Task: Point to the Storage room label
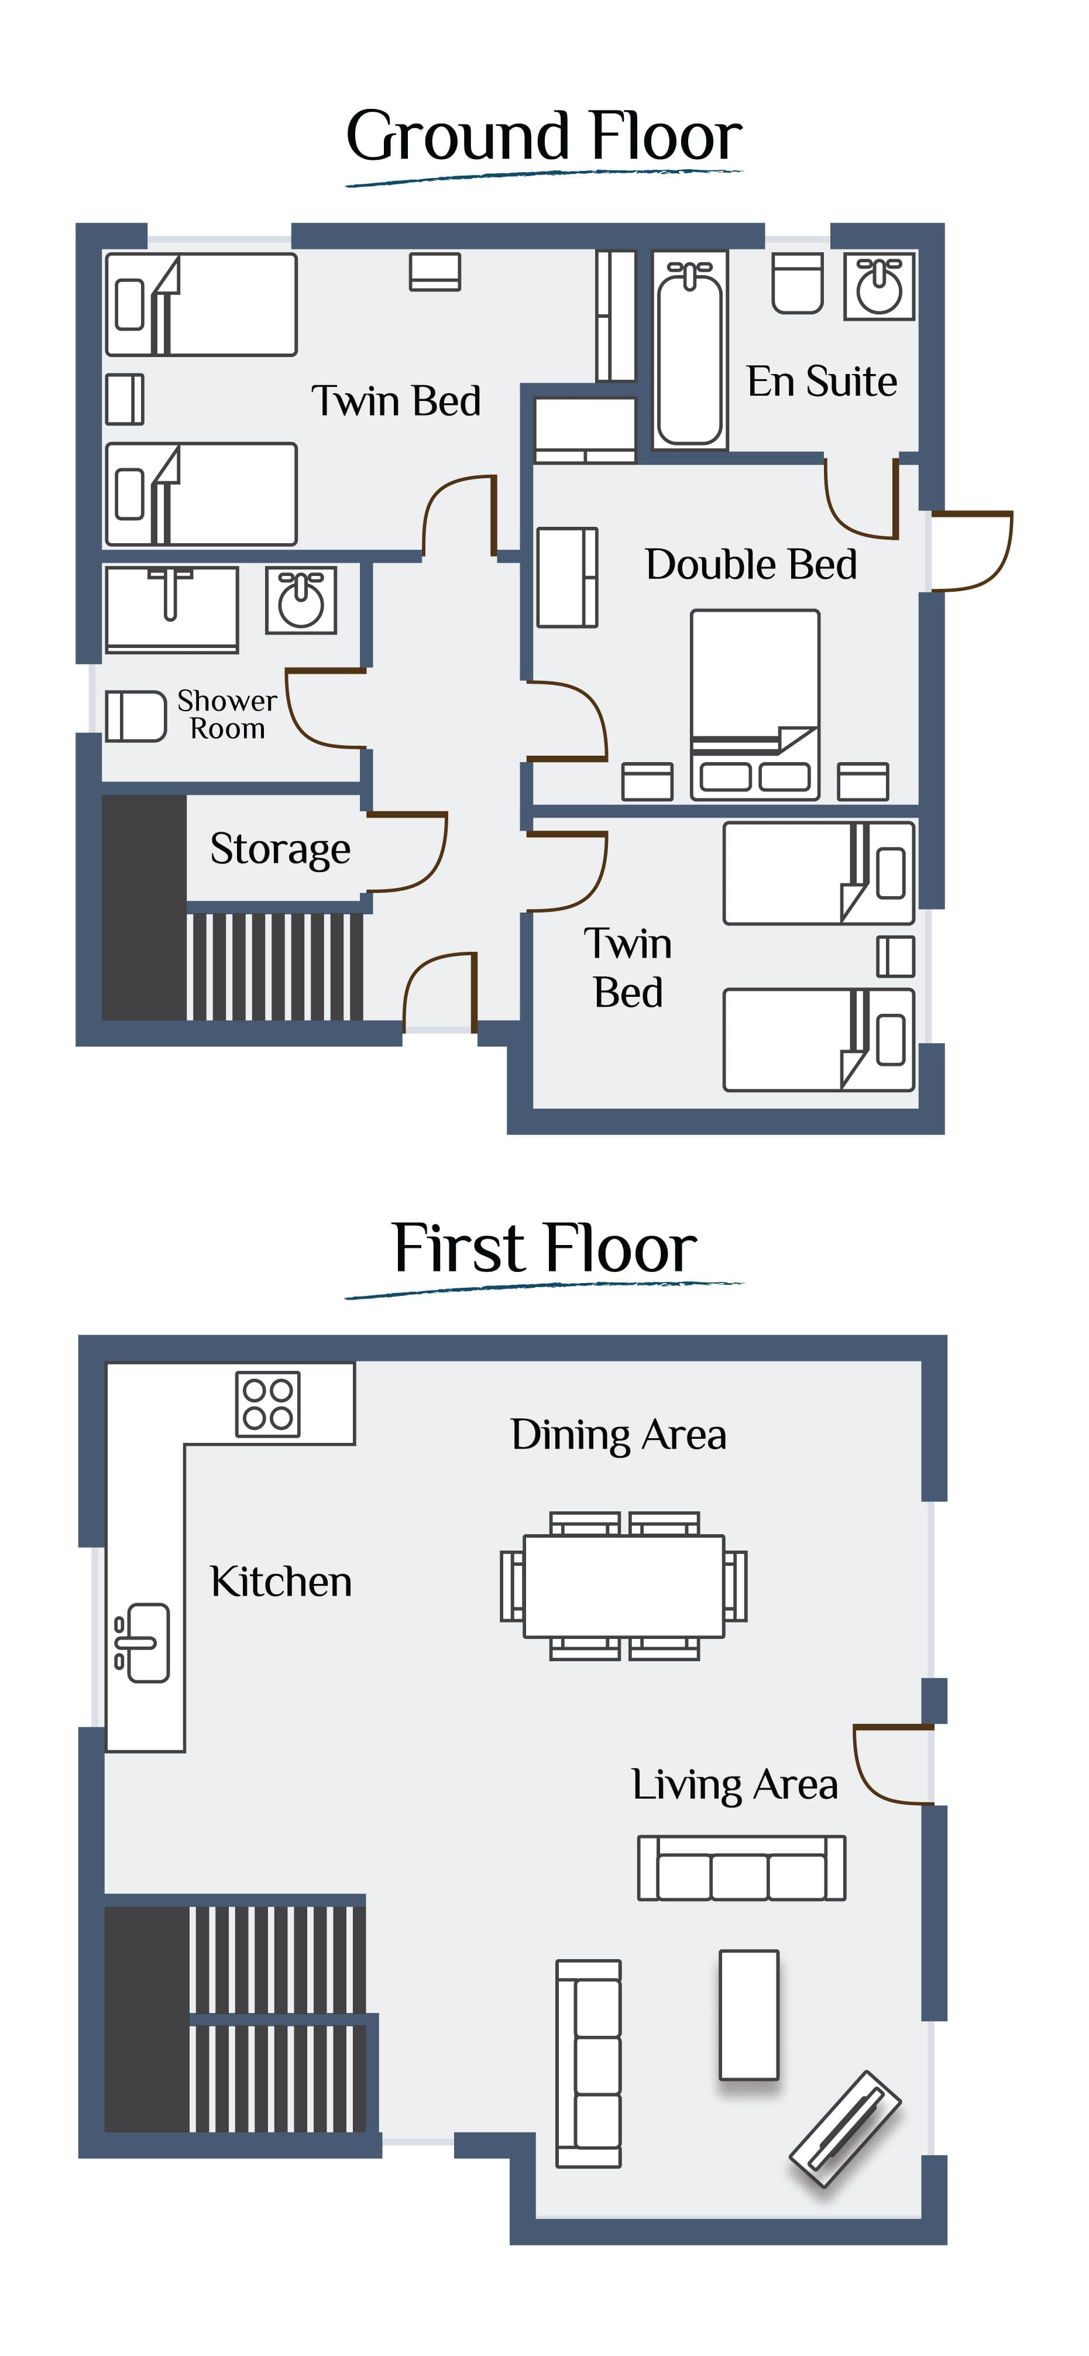pos(280,850)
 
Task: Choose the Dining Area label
pos(618,1435)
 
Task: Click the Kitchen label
pos(281,1582)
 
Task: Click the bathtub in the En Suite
pos(690,350)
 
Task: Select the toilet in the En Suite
pos(798,283)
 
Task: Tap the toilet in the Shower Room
pos(135,715)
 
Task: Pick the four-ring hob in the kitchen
pos(268,1404)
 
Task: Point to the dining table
pos(624,1586)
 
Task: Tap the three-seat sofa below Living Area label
pos(741,1868)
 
